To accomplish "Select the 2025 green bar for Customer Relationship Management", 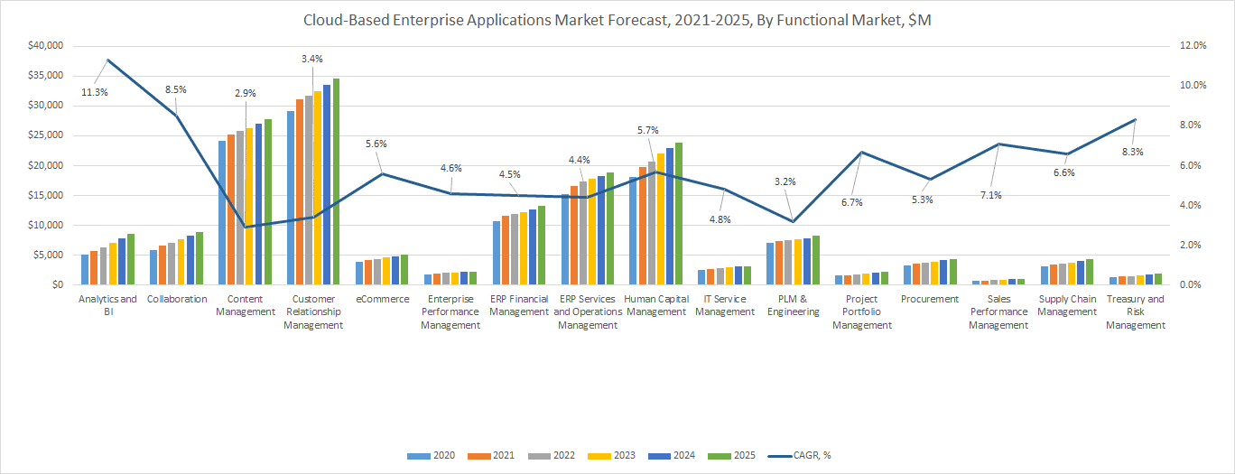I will pos(337,181).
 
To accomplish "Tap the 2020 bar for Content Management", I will pos(222,212).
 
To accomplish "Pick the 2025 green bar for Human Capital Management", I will pos(679,213).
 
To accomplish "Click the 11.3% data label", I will pos(95,92).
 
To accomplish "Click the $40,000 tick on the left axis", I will pos(45,45).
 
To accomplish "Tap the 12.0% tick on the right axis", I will pos(1188,45).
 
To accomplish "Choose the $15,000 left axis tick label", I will pos(45,195).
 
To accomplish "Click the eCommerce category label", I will pos(383,299).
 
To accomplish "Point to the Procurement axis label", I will pos(930,299).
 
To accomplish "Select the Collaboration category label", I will pos(177,299).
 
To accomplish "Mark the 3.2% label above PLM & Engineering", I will pos(785,181).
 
